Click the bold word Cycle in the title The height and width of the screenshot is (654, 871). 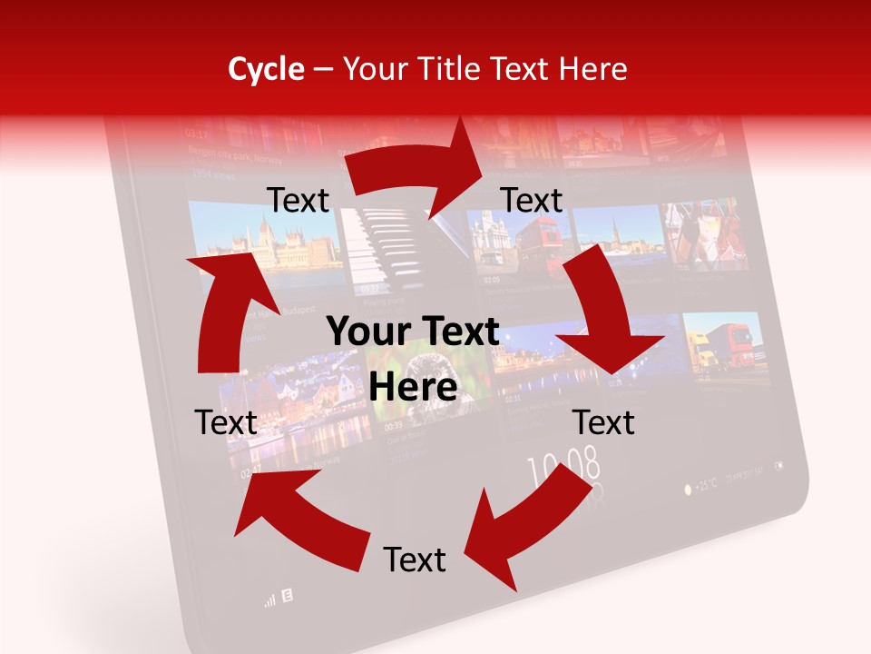[x=266, y=69]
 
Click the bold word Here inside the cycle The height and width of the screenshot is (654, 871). [x=413, y=387]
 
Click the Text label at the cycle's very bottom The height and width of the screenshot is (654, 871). [x=415, y=560]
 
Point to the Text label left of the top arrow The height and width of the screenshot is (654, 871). [x=298, y=201]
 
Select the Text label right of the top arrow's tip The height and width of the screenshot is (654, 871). [x=532, y=201]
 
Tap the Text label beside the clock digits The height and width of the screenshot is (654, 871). [x=603, y=422]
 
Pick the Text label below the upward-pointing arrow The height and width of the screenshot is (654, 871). [x=227, y=422]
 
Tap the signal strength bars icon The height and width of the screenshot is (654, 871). [x=269, y=599]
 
